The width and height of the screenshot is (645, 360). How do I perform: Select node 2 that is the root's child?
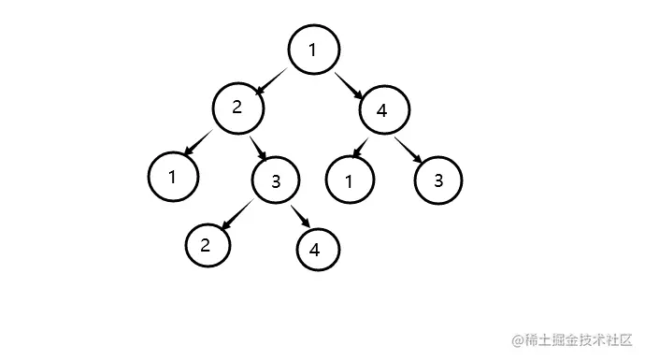point(237,108)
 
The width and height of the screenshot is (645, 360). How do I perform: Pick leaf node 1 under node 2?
point(173,176)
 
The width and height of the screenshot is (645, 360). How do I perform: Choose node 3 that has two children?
point(275,180)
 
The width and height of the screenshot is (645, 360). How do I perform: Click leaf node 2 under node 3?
point(207,246)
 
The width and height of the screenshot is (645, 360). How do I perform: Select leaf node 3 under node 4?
point(437,180)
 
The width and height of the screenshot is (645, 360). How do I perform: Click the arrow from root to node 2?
point(274,79)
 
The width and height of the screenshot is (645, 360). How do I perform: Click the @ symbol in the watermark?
point(515,338)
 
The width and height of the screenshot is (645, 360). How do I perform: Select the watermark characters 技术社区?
point(606,338)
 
